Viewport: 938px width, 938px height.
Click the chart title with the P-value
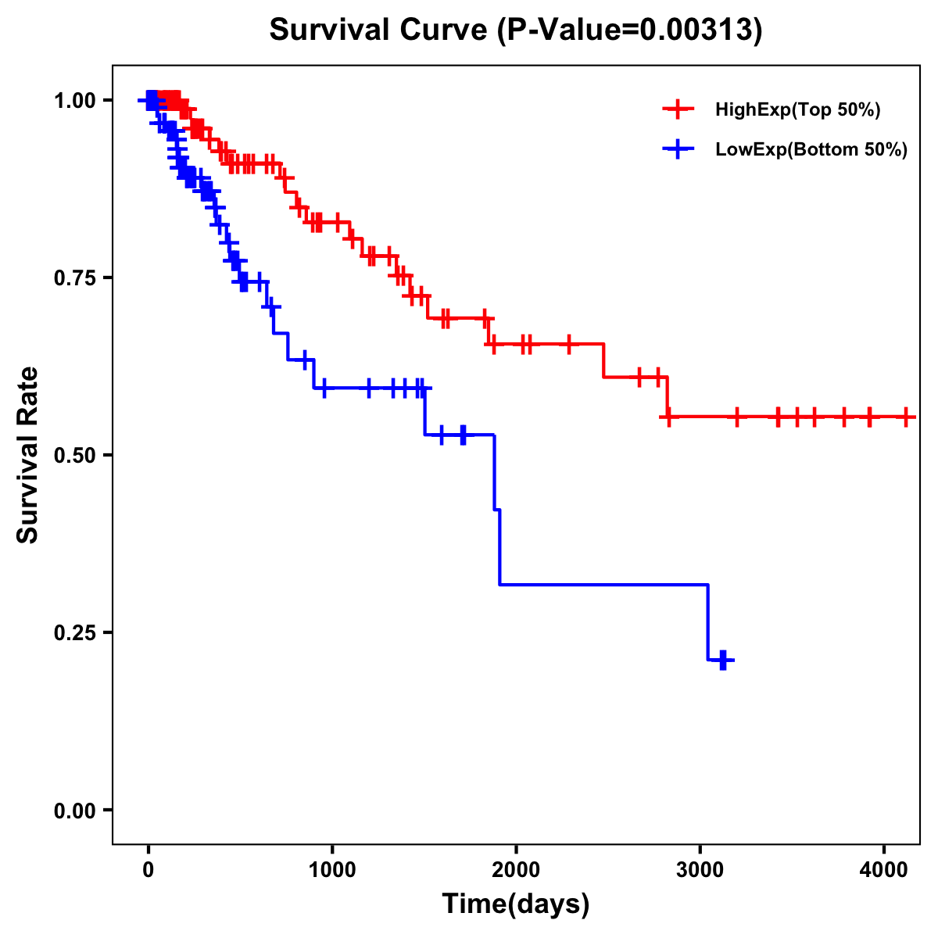pos(515,30)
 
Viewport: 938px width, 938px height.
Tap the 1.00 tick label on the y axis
pos(74,100)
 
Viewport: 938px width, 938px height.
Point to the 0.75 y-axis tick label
pos(74,277)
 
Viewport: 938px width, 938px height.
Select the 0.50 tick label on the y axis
pos(74,455)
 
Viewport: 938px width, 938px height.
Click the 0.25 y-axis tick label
pos(74,632)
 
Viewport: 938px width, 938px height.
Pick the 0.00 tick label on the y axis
pos(74,810)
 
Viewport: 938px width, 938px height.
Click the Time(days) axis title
pos(516,904)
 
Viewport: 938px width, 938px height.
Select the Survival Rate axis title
pos(28,454)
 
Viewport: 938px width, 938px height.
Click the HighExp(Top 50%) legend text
pos(797,110)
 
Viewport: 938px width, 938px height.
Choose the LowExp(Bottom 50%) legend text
pos(811,150)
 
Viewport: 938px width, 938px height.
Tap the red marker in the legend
pos(678,109)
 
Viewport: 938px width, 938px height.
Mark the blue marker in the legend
pos(678,149)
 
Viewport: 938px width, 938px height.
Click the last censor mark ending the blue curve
pos(723,661)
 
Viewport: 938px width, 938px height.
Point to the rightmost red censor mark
pos(905,417)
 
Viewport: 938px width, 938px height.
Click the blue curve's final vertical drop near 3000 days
pos(707,622)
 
